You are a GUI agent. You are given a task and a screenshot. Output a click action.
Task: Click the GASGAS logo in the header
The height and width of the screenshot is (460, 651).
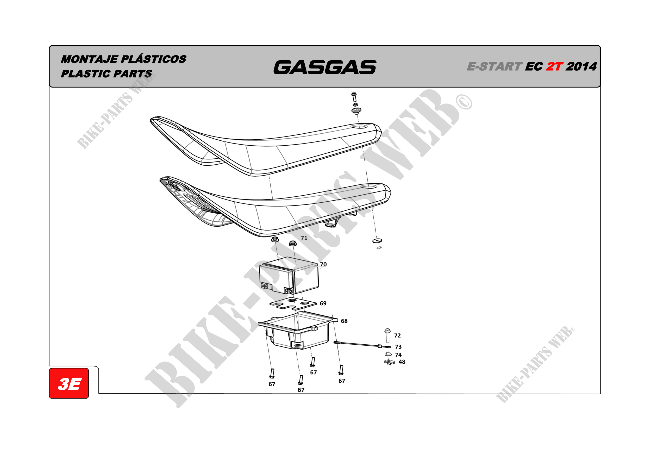pyautogui.click(x=325, y=67)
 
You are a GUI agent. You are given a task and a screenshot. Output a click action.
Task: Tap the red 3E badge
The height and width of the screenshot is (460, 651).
pyautogui.click(x=69, y=383)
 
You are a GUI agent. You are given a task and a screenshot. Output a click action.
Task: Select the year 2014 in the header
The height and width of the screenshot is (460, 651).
pyautogui.click(x=581, y=67)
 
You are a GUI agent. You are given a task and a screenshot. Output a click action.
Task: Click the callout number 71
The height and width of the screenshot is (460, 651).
pyautogui.click(x=304, y=238)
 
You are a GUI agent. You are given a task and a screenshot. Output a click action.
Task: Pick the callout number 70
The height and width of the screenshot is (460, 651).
pyautogui.click(x=323, y=264)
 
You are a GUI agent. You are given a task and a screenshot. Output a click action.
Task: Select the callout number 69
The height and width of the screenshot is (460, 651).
pyautogui.click(x=323, y=303)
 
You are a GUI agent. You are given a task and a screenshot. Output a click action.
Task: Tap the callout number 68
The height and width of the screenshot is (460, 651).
pyautogui.click(x=344, y=321)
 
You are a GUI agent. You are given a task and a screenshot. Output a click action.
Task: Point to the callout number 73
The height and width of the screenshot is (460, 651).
pyautogui.click(x=398, y=346)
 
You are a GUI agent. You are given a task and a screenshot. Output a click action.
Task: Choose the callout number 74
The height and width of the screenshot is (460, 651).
pyautogui.click(x=398, y=355)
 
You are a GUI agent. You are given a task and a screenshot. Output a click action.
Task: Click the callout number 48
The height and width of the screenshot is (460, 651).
pyautogui.click(x=402, y=362)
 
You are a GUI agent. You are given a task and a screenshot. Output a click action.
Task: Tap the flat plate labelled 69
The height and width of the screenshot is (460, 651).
pyautogui.click(x=293, y=303)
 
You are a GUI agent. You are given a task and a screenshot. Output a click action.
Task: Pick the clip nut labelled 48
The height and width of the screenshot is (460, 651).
pyautogui.click(x=389, y=362)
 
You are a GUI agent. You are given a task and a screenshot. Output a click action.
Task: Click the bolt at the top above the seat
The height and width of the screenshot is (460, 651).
pyautogui.click(x=354, y=97)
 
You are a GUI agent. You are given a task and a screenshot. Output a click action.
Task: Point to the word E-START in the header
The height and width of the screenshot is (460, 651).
pyautogui.click(x=494, y=67)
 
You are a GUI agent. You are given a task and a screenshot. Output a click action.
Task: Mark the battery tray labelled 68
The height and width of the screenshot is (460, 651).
pyautogui.click(x=297, y=330)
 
